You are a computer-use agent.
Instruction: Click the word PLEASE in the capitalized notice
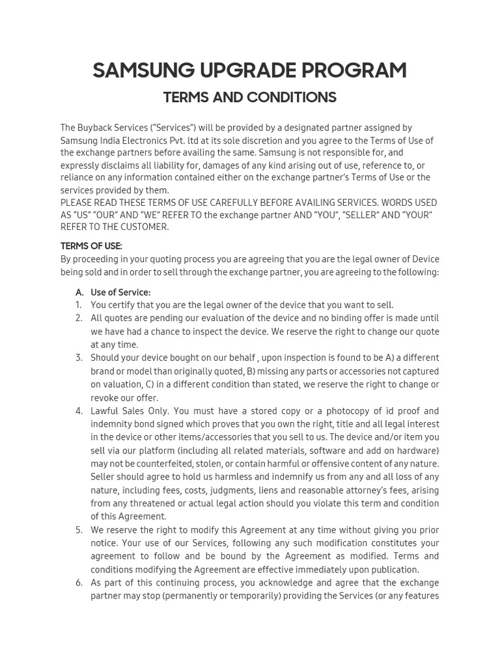click(76, 203)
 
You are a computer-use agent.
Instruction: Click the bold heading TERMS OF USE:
click(91, 246)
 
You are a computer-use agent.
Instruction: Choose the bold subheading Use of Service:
click(120, 292)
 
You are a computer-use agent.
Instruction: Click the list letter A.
click(79, 292)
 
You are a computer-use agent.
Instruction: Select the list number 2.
click(78, 318)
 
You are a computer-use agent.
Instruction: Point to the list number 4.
click(78, 411)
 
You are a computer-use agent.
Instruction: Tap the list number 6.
click(78, 582)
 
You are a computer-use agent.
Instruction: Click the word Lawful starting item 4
click(105, 411)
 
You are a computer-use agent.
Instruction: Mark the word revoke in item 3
click(105, 398)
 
